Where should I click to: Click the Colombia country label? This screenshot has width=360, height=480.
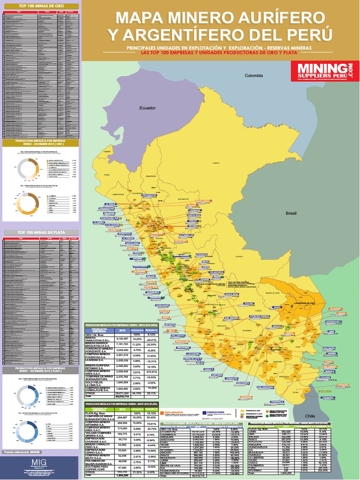(x=255, y=75)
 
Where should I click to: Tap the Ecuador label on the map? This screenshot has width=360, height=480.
(x=147, y=108)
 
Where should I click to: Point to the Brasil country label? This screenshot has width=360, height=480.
(x=291, y=213)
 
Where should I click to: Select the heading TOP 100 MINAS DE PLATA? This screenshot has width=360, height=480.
(x=40, y=232)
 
